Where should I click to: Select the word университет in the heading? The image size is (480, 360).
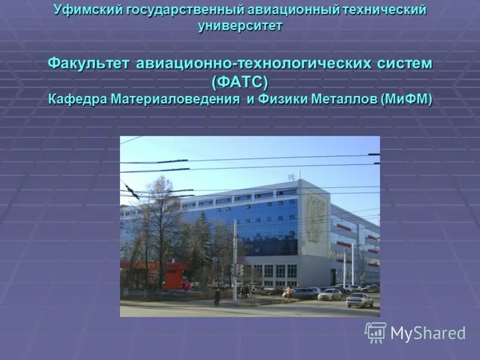(240, 26)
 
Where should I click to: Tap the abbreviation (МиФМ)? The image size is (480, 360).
(406, 99)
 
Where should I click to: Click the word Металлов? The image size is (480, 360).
(344, 99)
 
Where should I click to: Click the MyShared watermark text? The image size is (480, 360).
(428, 334)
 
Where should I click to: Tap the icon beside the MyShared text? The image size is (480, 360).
(376, 332)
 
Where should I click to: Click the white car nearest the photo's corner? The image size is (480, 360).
(359, 299)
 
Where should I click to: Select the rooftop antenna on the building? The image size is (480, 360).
(292, 176)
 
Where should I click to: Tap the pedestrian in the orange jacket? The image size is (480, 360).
(289, 292)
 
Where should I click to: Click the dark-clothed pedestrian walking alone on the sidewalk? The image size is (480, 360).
(217, 296)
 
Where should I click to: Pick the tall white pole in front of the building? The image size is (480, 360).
(235, 264)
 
